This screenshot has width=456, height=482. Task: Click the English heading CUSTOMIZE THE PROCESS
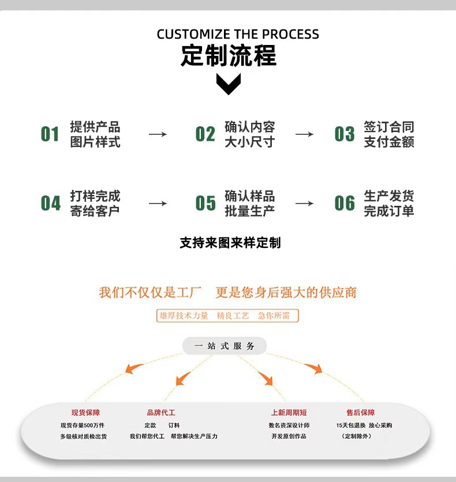click(x=237, y=34)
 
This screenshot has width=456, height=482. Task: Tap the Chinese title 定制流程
click(x=229, y=55)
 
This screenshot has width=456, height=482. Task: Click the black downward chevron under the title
click(x=229, y=84)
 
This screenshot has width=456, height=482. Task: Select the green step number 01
click(x=50, y=134)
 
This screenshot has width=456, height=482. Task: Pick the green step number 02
click(x=205, y=134)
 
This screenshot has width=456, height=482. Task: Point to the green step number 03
click(x=345, y=134)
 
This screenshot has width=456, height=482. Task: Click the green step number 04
click(x=50, y=204)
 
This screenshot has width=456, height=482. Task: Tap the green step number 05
click(x=205, y=204)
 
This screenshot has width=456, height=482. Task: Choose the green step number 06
click(x=345, y=204)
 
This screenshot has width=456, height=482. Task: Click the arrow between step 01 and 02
click(x=158, y=134)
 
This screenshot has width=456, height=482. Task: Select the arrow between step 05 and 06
click(x=304, y=204)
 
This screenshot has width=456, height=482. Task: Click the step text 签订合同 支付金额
click(x=388, y=134)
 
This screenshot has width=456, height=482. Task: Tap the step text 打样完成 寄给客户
click(x=95, y=204)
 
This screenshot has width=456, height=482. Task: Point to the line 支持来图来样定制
click(x=230, y=243)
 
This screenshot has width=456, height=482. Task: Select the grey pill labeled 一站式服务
click(x=225, y=346)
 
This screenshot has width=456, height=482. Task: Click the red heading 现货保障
click(x=85, y=413)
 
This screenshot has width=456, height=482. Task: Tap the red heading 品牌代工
click(x=161, y=413)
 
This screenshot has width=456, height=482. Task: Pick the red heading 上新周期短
click(x=289, y=413)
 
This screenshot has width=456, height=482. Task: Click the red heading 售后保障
click(x=360, y=413)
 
